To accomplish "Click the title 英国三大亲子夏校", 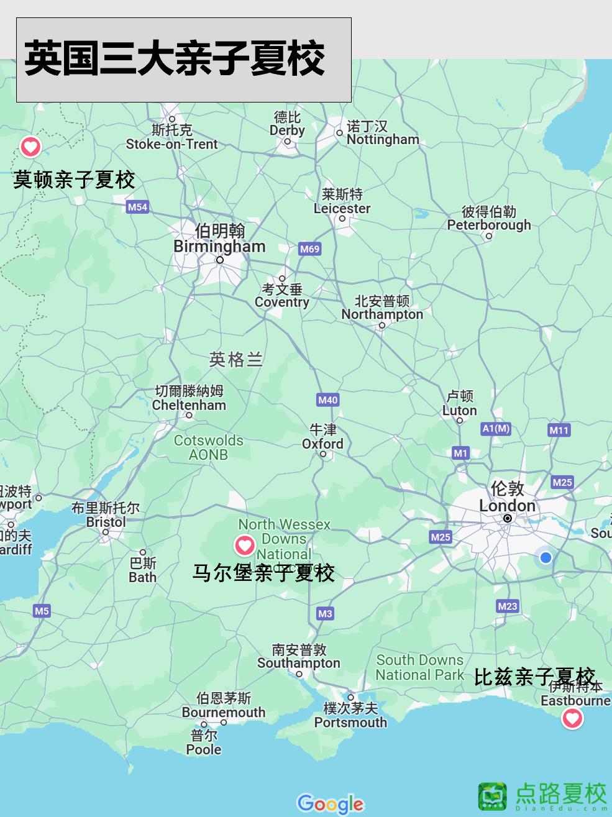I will [x=175, y=59].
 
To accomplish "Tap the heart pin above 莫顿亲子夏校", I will [x=30, y=147].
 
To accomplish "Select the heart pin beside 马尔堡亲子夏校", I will [x=245, y=545].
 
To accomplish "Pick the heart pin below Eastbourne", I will [x=572, y=718].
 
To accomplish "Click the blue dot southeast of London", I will [x=546, y=557].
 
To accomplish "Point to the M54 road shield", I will [x=137, y=207].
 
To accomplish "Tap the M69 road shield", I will [x=309, y=249].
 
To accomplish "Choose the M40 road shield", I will [x=327, y=400].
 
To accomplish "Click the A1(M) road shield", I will [x=496, y=428].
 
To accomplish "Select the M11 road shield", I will [x=559, y=430].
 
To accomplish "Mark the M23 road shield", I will [x=507, y=606].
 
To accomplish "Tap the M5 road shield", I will [x=42, y=611].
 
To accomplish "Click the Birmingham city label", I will [x=219, y=247].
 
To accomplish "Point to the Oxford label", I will [x=322, y=444].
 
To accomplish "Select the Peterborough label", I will [x=489, y=225].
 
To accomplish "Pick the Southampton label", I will [x=299, y=663].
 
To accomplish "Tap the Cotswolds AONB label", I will [x=208, y=447].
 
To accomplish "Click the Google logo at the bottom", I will [x=331, y=804].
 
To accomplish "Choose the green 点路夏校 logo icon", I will [x=493, y=796].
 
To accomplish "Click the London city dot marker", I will [x=508, y=518].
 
